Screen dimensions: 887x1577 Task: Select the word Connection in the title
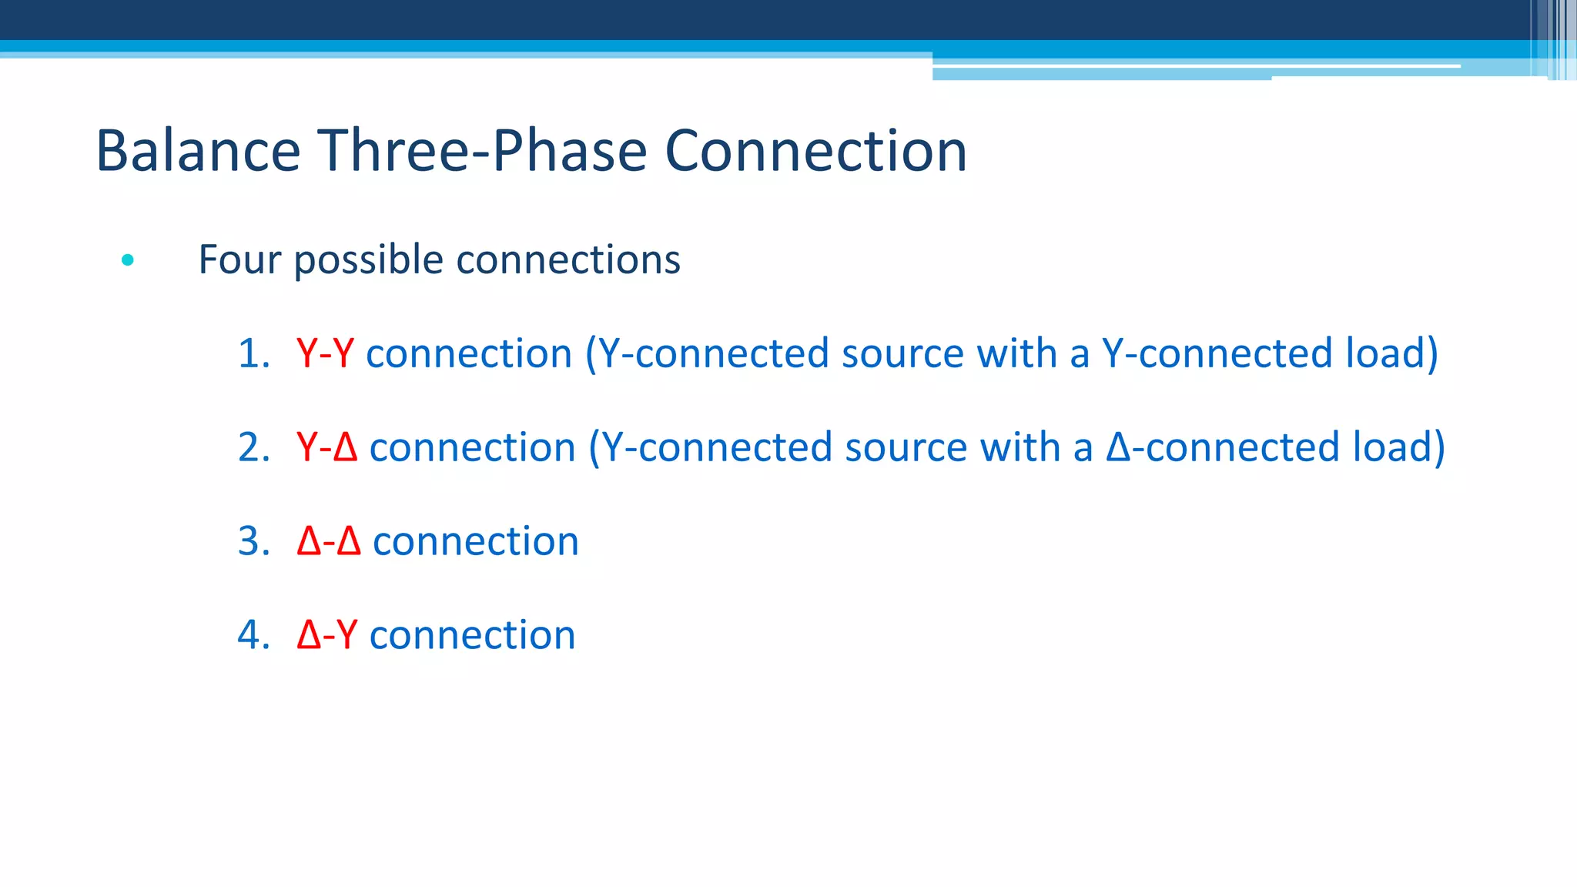pos(815,151)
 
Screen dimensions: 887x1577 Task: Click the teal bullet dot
pos(128,260)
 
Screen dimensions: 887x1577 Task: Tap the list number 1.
pos(253,354)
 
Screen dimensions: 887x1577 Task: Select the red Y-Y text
pos(325,354)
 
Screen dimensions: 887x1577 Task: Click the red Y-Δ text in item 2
pos(327,448)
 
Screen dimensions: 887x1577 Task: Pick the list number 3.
pos(253,542)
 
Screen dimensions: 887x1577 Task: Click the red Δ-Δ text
pos(329,542)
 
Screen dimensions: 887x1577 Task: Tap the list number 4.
pos(253,636)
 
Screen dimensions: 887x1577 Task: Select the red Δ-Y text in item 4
pos(327,636)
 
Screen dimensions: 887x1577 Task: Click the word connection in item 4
pos(472,636)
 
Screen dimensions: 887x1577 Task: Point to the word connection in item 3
pos(475,542)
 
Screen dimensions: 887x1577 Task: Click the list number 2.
pos(253,448)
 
